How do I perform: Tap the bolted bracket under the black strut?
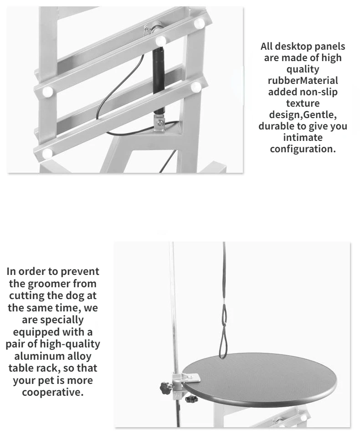(159, 123)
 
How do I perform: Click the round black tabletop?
(259, 376)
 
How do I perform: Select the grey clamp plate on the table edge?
(186, 378)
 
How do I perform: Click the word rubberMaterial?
(303, 80)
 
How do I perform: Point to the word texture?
(303, 103)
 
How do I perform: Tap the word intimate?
(303, 137)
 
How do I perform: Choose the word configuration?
(303, 149)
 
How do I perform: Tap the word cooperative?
(53, 392)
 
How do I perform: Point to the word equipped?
(36, 332)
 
